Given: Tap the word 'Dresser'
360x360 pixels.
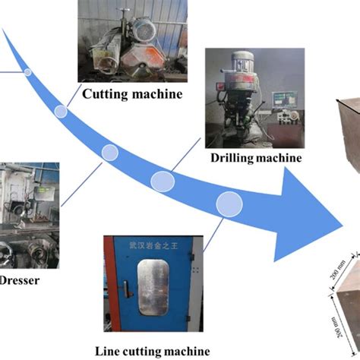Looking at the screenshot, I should [20, 279].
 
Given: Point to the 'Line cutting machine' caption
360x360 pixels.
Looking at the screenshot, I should [152, 350].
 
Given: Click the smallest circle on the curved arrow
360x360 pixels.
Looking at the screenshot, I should [28, 72].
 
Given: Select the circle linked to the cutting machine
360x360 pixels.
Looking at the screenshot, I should [61, 112].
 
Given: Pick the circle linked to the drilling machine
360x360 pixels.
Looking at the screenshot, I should [162, 181].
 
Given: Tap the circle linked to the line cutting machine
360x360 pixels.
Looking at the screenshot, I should [229, 204].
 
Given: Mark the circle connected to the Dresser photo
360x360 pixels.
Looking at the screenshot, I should [110, 153].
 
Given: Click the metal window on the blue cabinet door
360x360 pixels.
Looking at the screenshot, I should [154, 288].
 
